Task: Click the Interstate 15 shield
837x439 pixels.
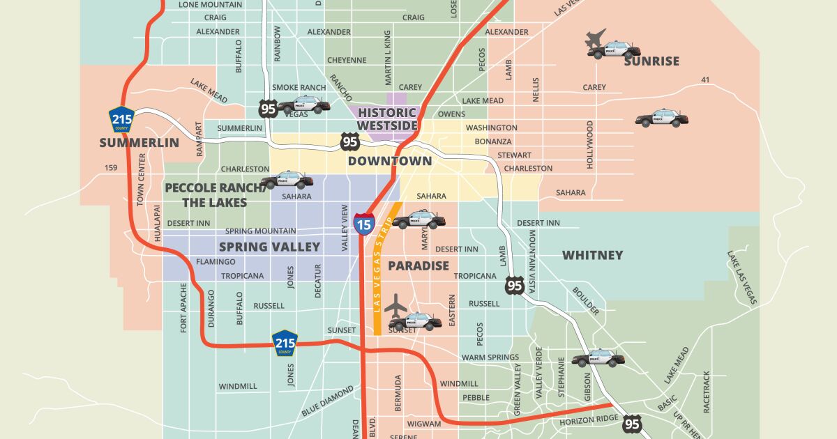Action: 363,222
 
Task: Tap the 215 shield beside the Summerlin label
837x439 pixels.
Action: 121,119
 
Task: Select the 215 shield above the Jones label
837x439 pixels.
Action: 285,343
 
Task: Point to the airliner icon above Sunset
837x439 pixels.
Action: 396,306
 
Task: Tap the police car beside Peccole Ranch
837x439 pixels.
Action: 287,180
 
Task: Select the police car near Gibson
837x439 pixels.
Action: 598,358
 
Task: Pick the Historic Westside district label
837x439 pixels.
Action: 387,118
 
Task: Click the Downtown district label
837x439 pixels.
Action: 390,161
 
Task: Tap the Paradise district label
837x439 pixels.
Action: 418,265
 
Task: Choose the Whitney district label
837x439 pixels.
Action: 592,255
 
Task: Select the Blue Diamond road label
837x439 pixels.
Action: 327,402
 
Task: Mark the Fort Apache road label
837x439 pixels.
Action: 184,307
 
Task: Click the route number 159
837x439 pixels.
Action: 111,168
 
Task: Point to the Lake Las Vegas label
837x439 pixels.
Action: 741,278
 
